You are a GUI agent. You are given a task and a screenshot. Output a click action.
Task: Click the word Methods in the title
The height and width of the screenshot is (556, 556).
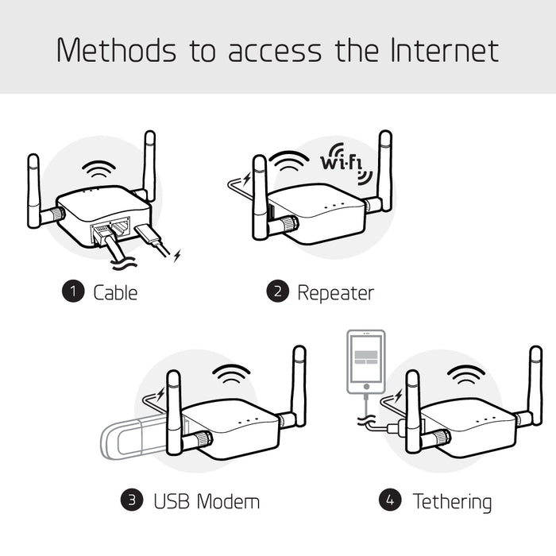click(117, 50)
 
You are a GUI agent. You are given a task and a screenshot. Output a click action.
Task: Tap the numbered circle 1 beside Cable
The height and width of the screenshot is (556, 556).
click(73, 292)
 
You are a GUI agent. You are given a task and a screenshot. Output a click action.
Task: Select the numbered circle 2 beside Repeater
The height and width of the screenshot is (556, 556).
click(277, 292)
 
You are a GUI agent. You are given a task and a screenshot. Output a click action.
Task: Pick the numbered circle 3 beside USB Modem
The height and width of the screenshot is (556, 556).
click(132, 500)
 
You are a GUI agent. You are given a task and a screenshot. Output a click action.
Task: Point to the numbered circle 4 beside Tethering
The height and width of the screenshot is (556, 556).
click(389, 500)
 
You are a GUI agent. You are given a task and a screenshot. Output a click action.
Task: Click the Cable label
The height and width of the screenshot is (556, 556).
click(115, 292)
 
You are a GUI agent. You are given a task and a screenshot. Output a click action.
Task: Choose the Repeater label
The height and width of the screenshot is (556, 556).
click(334, 292)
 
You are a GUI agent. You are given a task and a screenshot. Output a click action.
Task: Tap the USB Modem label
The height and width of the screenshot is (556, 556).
click(206, 501)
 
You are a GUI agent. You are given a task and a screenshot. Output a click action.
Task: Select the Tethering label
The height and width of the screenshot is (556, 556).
click(451, 501)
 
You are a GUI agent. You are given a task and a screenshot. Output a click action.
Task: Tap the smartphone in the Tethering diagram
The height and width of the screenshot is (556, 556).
click(365, 361)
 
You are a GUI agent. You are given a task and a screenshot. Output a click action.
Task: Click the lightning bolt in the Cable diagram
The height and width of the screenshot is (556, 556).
click(177, 255)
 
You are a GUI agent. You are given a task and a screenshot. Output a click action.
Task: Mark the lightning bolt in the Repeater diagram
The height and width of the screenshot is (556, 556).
click(246, 178)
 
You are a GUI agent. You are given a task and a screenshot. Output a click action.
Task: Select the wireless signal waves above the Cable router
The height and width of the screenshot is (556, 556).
click(101, 170)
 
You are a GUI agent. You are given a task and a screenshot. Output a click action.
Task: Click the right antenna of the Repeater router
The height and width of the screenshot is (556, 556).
click(385, 171)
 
